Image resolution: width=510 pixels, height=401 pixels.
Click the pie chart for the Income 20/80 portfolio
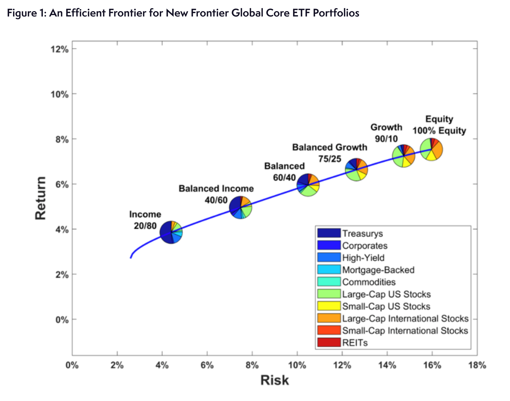[x=171, y=232]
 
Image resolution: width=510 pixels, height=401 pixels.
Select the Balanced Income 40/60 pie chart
[x=241, y=208]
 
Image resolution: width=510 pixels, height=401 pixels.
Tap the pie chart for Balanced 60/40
[x=308, y=185]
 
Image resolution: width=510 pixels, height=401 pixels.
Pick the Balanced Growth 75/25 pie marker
[x=356, y=170]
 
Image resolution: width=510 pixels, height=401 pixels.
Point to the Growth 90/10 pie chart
[x=404, y=156]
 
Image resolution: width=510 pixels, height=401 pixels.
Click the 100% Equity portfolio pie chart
[x=432, y=150]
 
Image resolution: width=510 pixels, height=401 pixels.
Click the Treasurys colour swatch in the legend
[x=329, y=233]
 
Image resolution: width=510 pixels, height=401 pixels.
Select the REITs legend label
[x=355, y=343]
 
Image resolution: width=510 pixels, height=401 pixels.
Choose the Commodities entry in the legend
[x=369, y=282]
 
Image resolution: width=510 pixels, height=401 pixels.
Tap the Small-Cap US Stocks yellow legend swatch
[x=329, y=306]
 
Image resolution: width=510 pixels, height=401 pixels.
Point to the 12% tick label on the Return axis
[x=60, y=49]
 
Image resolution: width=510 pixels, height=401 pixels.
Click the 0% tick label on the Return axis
[x=62, y=320]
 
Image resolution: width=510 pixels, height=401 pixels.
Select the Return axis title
[x=40, y=198]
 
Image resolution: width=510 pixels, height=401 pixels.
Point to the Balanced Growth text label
[x=330, y=147]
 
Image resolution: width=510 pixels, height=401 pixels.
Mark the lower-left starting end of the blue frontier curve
[x=130, y=258]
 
